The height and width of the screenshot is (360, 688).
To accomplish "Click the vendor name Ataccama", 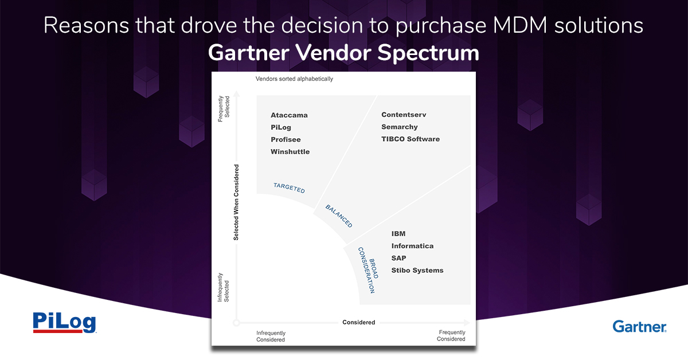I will coord(289,115).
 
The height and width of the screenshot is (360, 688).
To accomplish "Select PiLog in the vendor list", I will coord(281,127).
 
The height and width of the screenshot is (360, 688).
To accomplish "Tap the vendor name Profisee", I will coord(286,139).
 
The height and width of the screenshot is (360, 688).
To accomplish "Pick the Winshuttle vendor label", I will coord(290,152).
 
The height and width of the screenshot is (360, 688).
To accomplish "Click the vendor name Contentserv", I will coord(404,115).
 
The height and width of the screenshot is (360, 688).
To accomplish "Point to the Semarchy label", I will coord(400,127).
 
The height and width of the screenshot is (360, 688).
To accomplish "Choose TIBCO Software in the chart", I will coord(411,139).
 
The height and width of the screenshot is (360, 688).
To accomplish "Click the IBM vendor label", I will coord(398,234).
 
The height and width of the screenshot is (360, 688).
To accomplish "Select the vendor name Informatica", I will coord(412,246).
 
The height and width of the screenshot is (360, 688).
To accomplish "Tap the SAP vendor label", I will coord(398,258).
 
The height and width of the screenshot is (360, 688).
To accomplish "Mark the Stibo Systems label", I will coord(417,271).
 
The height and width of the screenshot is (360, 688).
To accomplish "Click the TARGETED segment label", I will coord(289,187).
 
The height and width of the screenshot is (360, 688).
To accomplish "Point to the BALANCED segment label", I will coord(339,216).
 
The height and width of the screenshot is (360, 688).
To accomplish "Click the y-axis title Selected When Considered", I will coord(236,202).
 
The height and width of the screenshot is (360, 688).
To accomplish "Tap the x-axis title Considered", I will coord(359,323).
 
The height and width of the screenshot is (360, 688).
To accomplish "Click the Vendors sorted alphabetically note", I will coord(294,79).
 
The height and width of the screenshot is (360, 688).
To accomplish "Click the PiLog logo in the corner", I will coord(64,322).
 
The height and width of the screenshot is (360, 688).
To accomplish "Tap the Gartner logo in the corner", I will coord(639,326).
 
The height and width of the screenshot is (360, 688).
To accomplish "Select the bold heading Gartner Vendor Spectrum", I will coord(343,53).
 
